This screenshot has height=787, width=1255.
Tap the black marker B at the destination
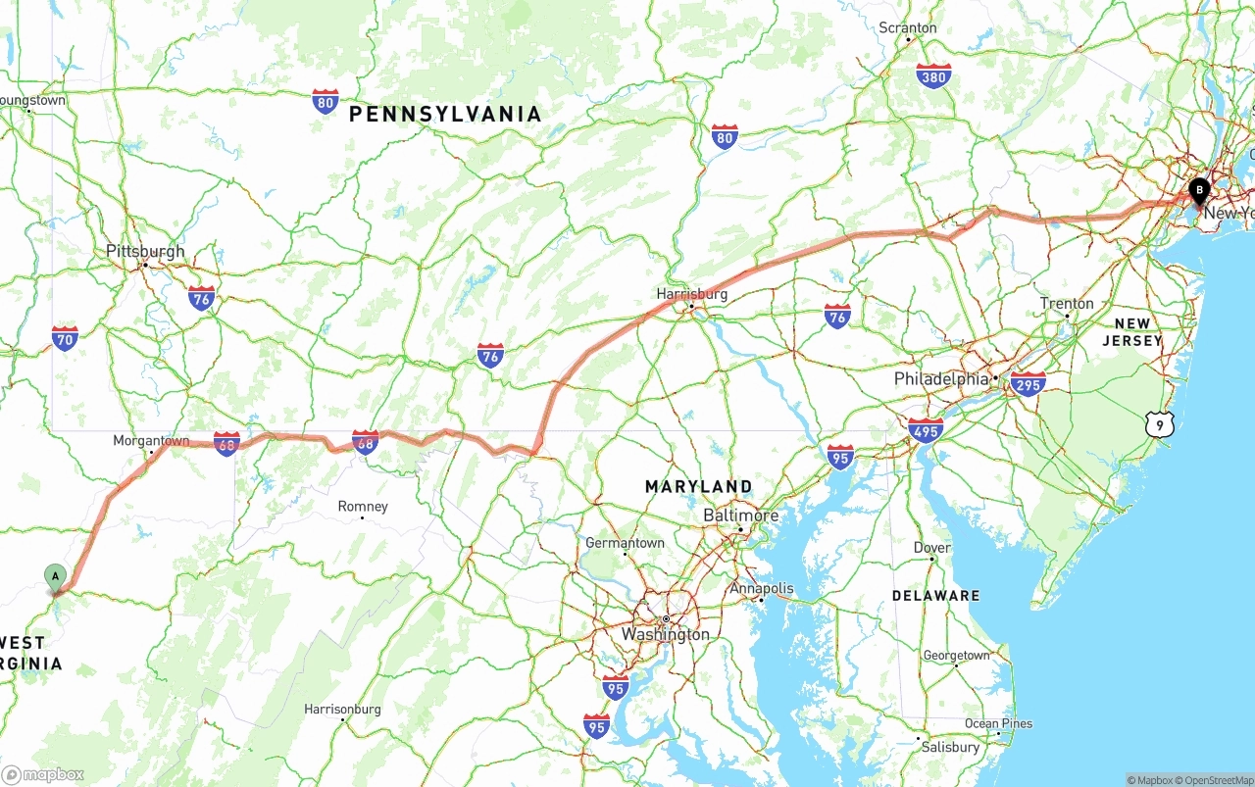click(x=1198, y=189)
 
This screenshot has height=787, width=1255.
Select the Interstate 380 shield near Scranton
click(x=933, y=76)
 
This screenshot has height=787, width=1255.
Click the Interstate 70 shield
click(x=65, y=338)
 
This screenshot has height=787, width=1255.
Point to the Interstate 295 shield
click(x=1028, y=383)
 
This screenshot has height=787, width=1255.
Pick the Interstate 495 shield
click(x=926, y=430)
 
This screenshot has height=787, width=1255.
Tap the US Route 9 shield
click(x=1159, y=424)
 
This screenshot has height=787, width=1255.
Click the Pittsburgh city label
click(x=145, y=252)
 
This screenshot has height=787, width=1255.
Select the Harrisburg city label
click(x=692, y=294)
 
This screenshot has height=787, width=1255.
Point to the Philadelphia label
click(x=941, y=379)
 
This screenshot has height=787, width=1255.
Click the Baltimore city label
click(x=741, y=516)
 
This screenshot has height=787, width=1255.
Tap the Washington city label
click(x=665, y=634)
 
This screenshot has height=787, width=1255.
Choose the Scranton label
click(x=908, y=27)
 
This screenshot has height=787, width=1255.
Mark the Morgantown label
click(x=151, y=441)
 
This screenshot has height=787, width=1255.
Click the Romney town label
click(x=363, y=507)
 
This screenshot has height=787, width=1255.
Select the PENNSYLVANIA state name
click(x=445, y=115)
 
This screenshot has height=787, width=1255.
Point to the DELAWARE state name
click(x=935, y=596)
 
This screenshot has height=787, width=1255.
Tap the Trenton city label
click(x=1067, y=304)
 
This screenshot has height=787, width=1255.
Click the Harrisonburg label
click(x=342, y=709)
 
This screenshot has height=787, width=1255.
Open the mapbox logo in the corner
click(x=43, y=774)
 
